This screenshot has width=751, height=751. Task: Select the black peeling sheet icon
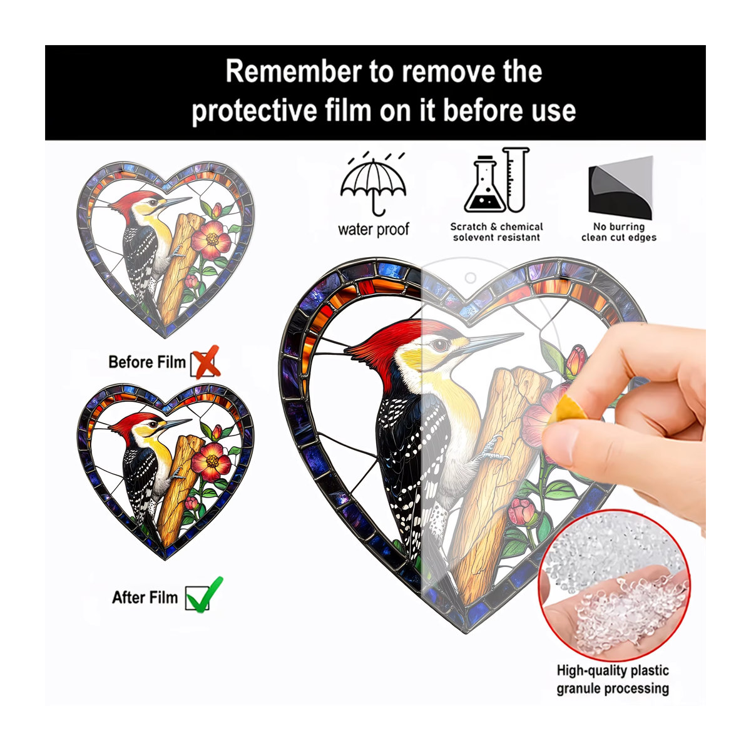620,187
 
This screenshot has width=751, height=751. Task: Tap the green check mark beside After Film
205,594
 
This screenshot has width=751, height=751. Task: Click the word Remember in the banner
294,71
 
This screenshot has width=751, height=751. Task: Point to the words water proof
374,230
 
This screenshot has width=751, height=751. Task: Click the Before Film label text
147,362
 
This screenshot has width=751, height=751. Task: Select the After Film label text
145,597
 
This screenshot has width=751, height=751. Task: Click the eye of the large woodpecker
441,344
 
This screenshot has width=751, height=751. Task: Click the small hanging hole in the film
471,278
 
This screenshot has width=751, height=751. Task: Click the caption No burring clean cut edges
619,232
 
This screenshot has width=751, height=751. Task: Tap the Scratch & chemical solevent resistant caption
496,232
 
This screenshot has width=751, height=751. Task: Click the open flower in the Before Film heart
212,239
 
